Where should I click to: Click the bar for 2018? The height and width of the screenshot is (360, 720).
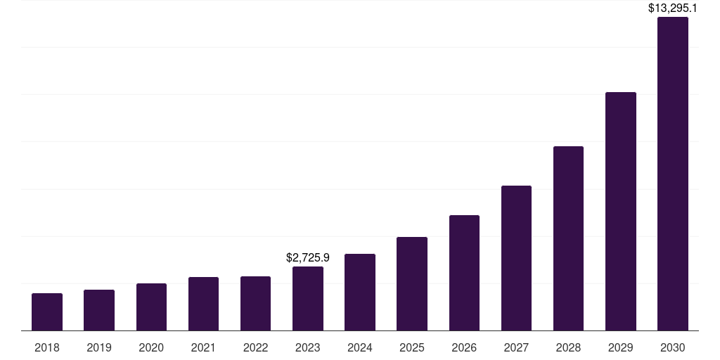(47, 312)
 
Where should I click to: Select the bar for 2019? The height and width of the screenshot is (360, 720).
(99, 310)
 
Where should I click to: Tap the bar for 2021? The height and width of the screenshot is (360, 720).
(203, 304)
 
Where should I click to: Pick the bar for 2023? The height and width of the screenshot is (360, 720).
(308, 299)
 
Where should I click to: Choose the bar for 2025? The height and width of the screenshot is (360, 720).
(412, 284)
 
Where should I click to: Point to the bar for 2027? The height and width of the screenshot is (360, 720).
(516, 258)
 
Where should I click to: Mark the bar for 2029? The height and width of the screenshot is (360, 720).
(621, 212)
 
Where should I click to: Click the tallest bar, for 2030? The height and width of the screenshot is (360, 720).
(673, 174)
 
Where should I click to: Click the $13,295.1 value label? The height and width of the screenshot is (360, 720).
(673, 8)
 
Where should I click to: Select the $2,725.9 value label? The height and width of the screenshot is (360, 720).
(308, 258)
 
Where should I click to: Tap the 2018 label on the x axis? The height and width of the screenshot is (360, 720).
(47, 347)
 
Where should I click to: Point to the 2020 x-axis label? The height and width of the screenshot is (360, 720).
(151, 347)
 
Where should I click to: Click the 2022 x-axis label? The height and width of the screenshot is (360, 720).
(255, 347)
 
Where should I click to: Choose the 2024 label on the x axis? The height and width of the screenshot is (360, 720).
(360, 347)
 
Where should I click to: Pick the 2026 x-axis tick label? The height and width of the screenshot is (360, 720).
(464, 347)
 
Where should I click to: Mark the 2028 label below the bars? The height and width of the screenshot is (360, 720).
(568, 347)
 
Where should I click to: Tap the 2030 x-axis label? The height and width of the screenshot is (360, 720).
(673, 347)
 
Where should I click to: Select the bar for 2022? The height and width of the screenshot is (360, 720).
(255, 304)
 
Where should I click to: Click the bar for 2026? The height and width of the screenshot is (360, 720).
(464, 273)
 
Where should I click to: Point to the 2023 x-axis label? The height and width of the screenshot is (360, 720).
(308, 347)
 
